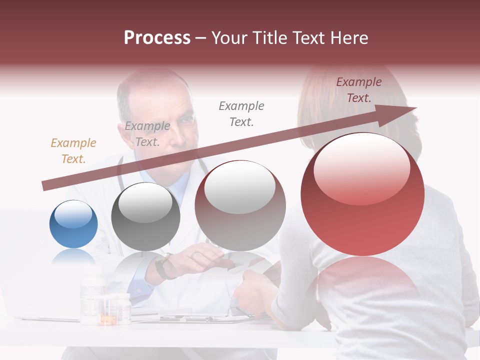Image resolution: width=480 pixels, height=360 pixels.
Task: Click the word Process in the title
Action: coord(157,37)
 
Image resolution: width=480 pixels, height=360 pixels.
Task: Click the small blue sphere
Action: coord(73,224)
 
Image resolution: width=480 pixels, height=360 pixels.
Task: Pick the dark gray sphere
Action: coord(145,216)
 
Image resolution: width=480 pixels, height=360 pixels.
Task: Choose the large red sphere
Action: coord(362,194)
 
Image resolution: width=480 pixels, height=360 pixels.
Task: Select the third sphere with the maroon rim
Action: coord(240,205)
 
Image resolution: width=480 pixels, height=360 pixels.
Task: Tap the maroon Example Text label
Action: coord(358,90)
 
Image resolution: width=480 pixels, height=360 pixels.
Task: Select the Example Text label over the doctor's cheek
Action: coord(147,134)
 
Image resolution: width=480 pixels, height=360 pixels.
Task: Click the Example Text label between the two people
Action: coord(241,113)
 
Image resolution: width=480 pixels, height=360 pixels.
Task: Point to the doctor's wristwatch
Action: coord(163,266)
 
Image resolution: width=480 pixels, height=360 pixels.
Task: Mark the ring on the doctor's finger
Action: coord(194,254)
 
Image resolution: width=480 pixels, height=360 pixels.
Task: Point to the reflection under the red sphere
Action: coord(362,285)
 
